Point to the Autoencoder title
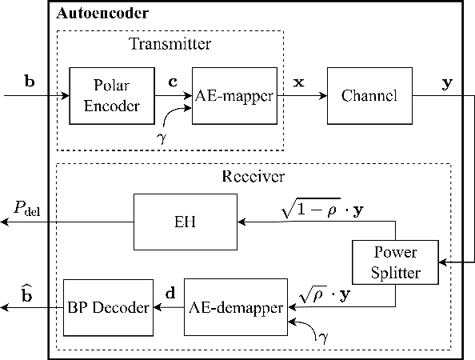pyautogui.click(x=102, y=14)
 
